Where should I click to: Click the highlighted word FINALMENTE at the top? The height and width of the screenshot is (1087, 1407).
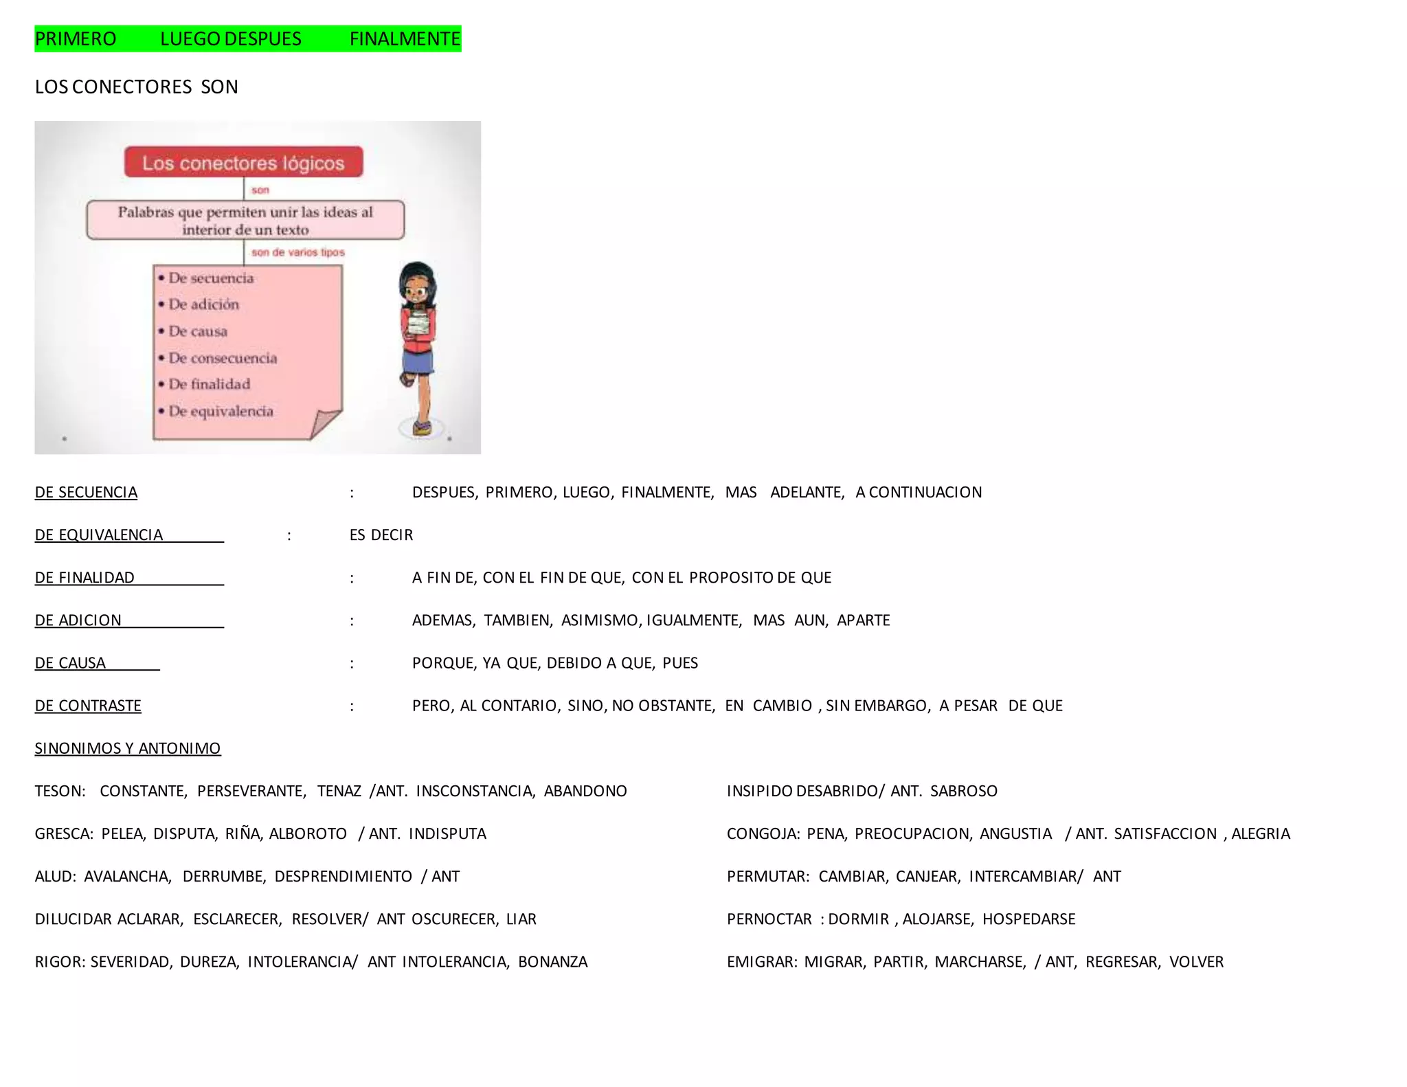tap(405, 39)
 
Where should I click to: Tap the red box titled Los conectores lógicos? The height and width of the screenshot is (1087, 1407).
tap(243, 163)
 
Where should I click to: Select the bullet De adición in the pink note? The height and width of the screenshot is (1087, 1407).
tap(204, 304)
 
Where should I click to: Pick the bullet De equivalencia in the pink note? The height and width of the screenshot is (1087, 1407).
tap(221, 411)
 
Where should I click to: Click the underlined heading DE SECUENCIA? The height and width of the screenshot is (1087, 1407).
tap(86, 493)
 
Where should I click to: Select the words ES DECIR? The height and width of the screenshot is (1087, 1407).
tap(381, 535)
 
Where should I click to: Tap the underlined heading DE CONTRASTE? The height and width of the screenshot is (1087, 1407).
tap(88, 706)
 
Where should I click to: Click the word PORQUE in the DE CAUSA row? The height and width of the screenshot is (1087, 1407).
tap(442, 663)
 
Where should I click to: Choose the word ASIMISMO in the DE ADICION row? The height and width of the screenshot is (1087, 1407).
tap(600, 620)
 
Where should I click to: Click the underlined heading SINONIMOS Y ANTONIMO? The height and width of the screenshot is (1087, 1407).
tap(128, 748)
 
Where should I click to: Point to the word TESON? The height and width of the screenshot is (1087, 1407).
tap(59, 792)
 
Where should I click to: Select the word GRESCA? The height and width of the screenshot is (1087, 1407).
tap(63, 834)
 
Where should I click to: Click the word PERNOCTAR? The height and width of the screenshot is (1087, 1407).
tap(769, 919)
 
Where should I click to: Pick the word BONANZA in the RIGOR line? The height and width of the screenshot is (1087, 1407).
tap(553, 962)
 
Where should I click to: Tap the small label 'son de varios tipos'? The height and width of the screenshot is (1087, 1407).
tap(298, 253)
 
